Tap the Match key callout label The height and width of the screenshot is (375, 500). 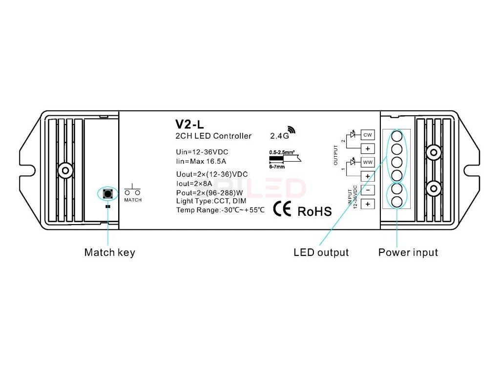[x=109, y=252]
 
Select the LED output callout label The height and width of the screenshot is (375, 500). [x=321, y=252]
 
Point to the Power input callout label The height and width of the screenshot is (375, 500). [x=408, y=252]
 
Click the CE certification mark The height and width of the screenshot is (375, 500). [x=283, y=209]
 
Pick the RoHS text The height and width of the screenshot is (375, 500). [x=314, y=211]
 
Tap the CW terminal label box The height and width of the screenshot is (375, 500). [x=367, y=135]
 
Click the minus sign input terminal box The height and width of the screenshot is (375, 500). [x=367, y=190]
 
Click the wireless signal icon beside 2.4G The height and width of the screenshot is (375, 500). [x=292, y=130]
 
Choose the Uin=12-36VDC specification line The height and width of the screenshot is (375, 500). [x=202, y=152]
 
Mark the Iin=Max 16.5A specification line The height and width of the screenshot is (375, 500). [x=201, y=161]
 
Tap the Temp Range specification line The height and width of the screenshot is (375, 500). [x=220, y=210]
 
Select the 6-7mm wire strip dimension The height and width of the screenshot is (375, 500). [x=276, y=167]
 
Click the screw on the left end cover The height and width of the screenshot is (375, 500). [x=64, y=170]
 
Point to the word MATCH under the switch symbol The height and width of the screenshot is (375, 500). [x=133, y=200]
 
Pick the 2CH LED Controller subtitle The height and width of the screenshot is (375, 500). [x=213, y=136]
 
